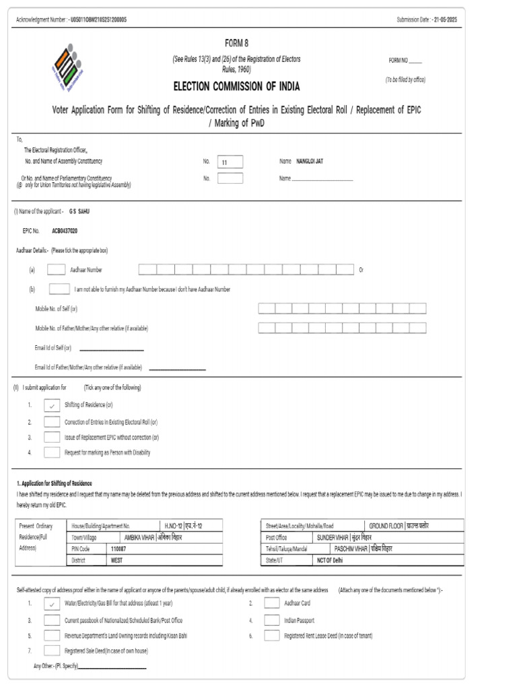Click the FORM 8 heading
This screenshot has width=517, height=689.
tap(236, 43)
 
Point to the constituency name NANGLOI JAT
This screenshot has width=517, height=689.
tap(310, 161)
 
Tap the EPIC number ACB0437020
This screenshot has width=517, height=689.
tap(65, 230)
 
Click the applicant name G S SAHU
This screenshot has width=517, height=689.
tap(79, 211)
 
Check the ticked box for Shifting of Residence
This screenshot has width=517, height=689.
tap(52, 405)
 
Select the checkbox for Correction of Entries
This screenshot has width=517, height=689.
tap(52, 422)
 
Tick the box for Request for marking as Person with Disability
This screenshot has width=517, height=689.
tap(52, 453)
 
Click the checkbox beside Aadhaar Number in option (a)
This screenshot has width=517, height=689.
tap(57, 270)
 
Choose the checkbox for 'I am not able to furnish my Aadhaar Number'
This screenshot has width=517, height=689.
tap(59, 289)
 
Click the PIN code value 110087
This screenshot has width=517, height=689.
tap(118, 549)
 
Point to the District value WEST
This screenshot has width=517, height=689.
tap(117, 559)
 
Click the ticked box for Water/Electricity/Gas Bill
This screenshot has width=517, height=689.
tap(52, 604)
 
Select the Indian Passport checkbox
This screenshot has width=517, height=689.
tap(272, 620)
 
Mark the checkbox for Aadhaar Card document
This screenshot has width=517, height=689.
tap(272, 604)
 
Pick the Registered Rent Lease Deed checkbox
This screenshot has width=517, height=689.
tap(272, 635)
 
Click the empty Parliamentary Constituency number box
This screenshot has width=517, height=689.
tap(230, 178)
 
